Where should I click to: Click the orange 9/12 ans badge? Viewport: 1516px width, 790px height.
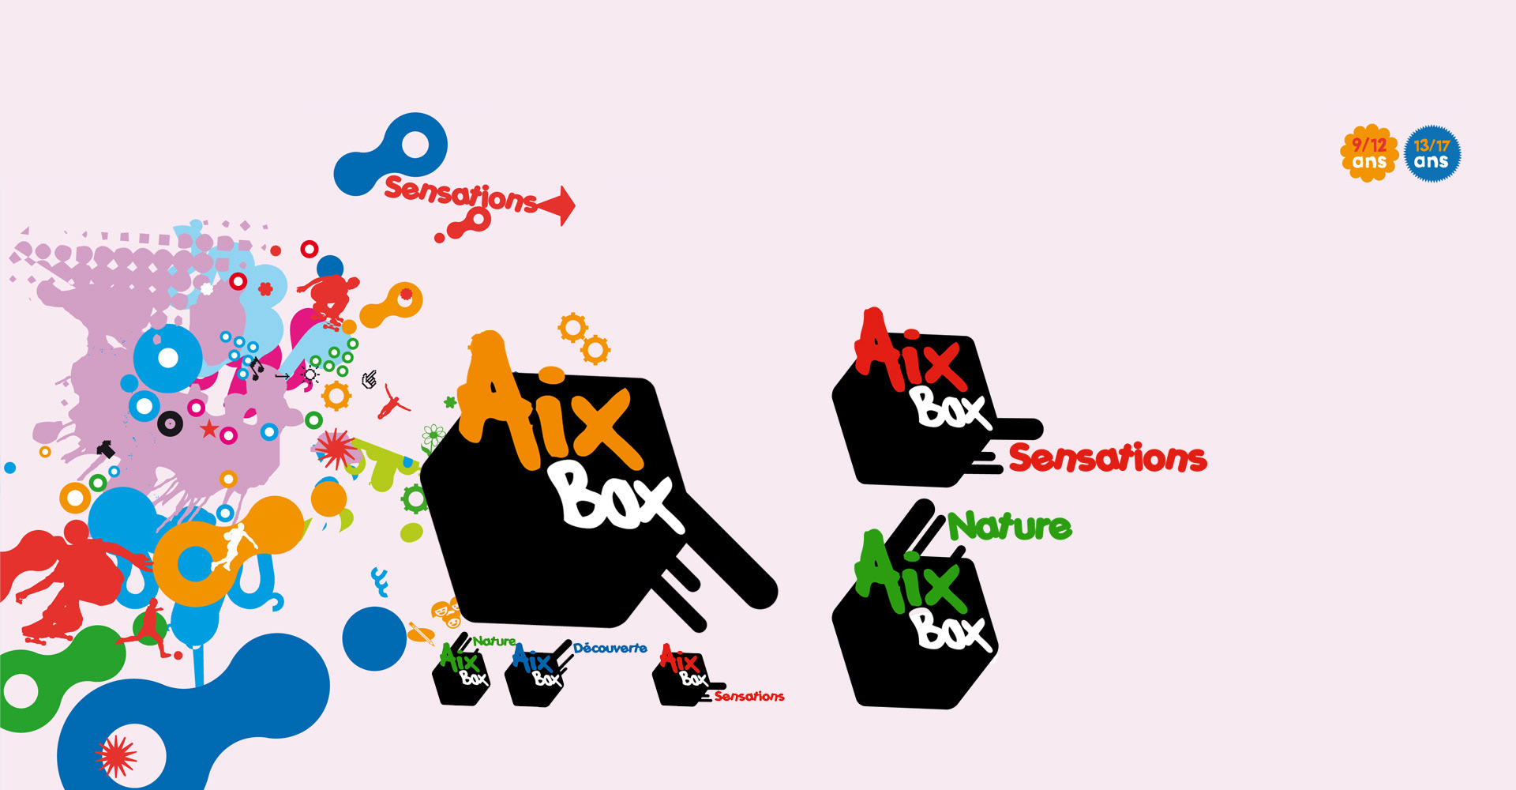pyautogui.click(x=1368, y=153)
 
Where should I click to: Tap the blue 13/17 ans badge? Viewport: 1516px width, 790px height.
pyautogui.click(x=1432, y=153)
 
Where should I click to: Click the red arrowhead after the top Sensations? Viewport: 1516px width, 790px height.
pyautogui.click(x=561, y=205)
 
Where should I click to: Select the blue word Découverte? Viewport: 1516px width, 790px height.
pyautogui.click(x=610, y=649)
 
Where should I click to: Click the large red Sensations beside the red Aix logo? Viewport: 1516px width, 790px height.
pyautogui.click(x=1107, y=458)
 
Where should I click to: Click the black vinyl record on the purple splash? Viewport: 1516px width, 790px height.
pyautogui.click(x=170, y=424)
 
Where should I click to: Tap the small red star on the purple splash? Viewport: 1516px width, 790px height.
pyautogui.click(x=208, y=430)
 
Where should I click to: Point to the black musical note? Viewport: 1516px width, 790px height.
pyautogui.click(x=257, y=367)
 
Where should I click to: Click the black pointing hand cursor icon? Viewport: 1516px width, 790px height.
pyautogui.click(x=369, y=380)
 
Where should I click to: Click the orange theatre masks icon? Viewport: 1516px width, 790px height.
pyautogui.click(x=445, y=612)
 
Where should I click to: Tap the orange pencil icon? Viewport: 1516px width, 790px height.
pyautogui.click(x=421, y=633)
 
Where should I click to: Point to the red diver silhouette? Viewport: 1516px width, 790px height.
pyautogui.click(x=392, y=403)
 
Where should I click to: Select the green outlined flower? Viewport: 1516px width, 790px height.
pyautogui.click(x=433, y=435)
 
